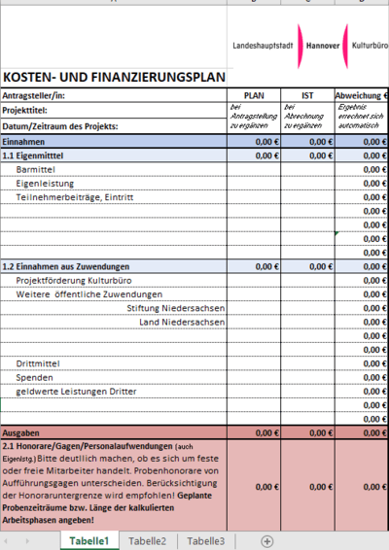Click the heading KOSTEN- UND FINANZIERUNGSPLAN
pos(114,77)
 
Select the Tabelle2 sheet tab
pos(148,541)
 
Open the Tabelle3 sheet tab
pos(206,541)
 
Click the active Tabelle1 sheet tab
pos(88,541)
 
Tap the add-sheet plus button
pos(266,541)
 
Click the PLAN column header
pos(254,95)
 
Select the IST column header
pos(306,95)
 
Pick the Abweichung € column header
pos(361,95)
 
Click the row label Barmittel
pos(37,169)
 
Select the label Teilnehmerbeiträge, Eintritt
pos(74,197)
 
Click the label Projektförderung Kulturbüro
pos(76,280)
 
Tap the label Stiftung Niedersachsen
pos(176,308)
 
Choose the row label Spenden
pos(34,377)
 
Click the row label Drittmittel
pos(39,363)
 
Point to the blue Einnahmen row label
pos(23,141)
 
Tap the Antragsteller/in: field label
pos(35,95)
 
